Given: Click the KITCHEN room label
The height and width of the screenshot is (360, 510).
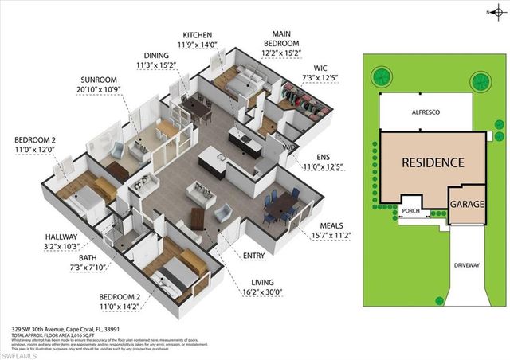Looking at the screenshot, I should pyautogui.click(x=198, y=35).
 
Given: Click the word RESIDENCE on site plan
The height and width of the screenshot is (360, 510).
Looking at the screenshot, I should pyautogui.click(x=432, y=162).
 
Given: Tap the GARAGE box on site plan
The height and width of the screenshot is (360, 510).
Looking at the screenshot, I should pyautogui.click(x=467, y=205).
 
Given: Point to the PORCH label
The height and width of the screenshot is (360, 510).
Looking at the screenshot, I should pyautogui.click(x=410, y=211).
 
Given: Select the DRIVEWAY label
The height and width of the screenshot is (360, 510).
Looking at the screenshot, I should pyautogui.click(x=467, y=264).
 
